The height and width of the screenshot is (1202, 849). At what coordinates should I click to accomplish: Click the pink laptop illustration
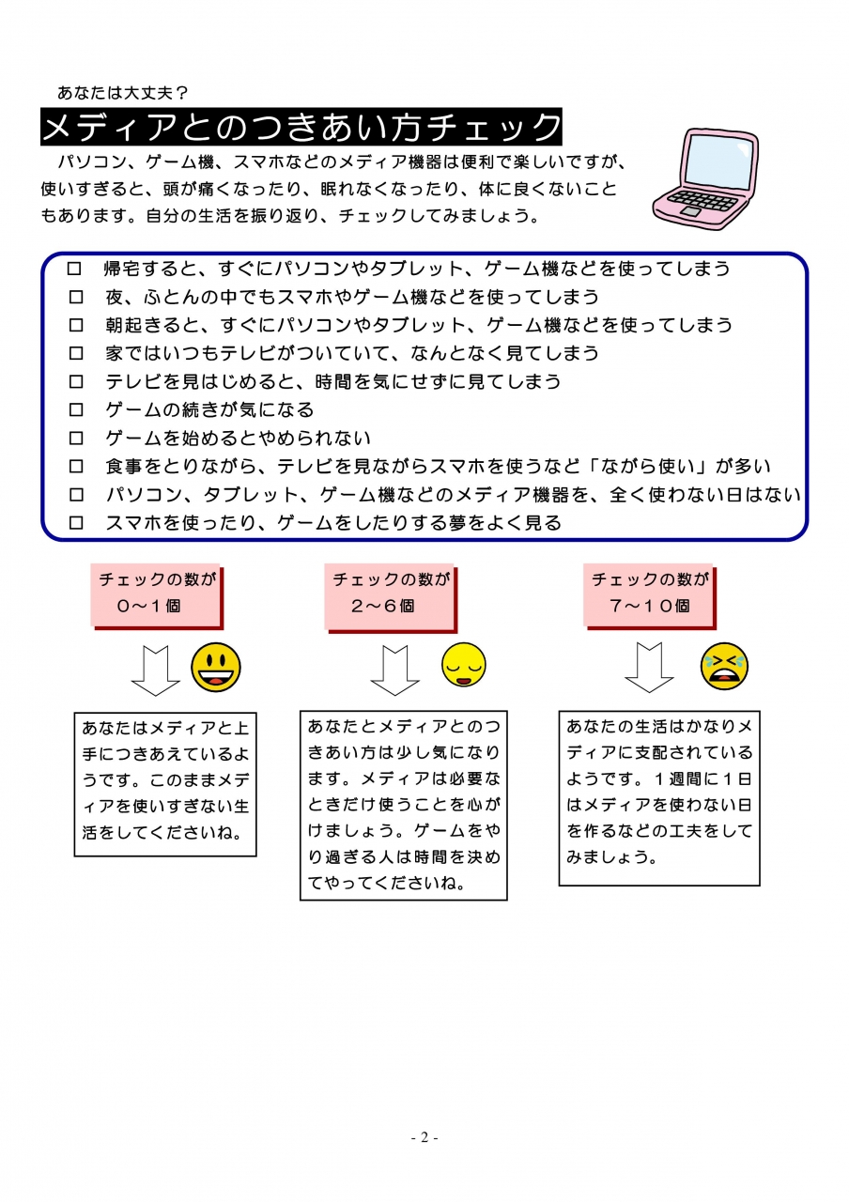[x=704, y=178]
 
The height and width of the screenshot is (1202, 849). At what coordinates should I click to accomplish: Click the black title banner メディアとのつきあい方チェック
[x=301, y=127]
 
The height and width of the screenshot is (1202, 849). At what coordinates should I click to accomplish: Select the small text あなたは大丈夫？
[x=122, y=93]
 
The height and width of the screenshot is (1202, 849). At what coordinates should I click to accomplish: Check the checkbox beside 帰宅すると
[x=74, y=269]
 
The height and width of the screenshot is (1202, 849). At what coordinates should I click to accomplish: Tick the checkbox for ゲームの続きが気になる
[x=76, y=410]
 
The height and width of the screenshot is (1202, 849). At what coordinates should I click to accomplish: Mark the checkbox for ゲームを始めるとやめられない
[x=76, y=439]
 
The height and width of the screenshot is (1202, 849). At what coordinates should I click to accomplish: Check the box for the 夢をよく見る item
[x=76, y=523]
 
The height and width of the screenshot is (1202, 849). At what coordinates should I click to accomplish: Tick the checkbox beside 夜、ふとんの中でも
[x=76, y=297]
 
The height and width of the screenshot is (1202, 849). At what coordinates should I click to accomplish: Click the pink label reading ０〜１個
[x=156, y=595]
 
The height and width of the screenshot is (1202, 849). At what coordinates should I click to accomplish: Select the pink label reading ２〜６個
[x=390, y=596]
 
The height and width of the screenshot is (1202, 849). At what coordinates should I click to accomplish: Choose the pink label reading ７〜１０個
[x=649, y=595]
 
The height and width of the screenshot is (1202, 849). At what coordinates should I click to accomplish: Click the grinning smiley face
[x=216, y=667]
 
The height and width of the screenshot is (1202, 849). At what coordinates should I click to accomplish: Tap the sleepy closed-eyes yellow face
[x=464, y=664]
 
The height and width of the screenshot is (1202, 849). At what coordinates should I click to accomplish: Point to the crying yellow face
[x=724, y=666]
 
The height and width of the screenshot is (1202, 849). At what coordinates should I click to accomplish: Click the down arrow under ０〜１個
[x=156, y=670]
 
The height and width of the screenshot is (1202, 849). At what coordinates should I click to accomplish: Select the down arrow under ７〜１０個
[x=649, y=668]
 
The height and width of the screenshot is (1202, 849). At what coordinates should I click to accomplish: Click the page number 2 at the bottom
[x=424, y=1137]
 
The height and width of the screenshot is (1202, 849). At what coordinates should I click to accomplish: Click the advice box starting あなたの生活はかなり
[x=659, y=798]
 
